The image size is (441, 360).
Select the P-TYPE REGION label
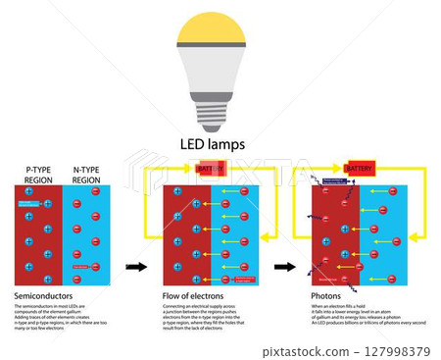pyautogui.click(x=40, y=175)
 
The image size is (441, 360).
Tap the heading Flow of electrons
pyautogui.click(x=191, y=295)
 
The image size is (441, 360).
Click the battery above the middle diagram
pyautogui.click(x=211, y=169)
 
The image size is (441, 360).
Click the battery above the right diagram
pyautogui.click(x=360, y=169)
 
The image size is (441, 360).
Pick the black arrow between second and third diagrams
pyautogui.click(x=285, y=266)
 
